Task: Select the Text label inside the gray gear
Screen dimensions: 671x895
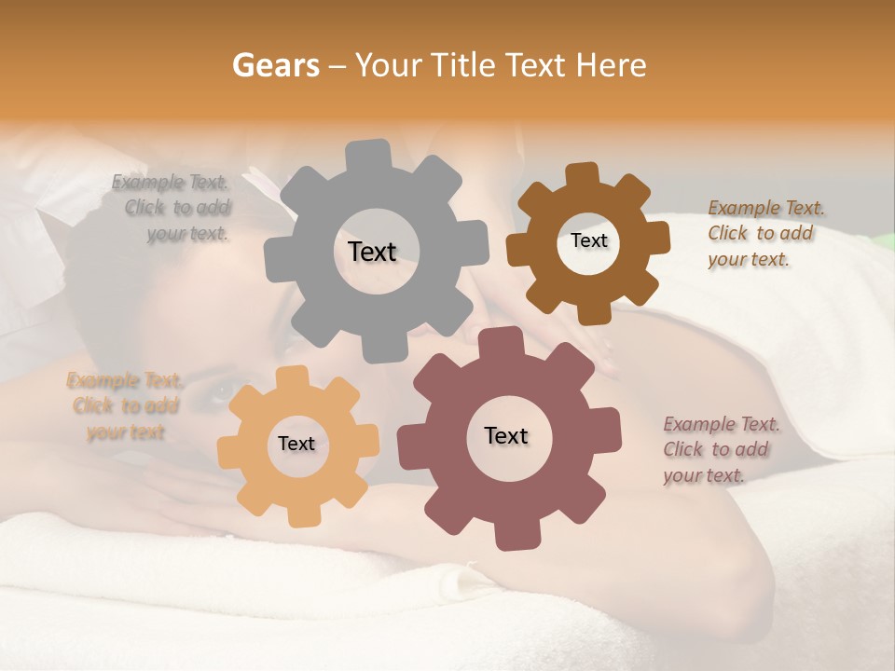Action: click(372, 252)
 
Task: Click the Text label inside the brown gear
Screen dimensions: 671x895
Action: click(588, 240)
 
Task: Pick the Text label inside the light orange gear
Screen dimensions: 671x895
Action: click(296, 445)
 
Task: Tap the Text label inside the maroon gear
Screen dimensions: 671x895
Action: click(506, 436)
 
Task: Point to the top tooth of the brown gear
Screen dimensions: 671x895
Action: click(582, 174)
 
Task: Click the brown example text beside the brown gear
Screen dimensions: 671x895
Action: click(764, 234)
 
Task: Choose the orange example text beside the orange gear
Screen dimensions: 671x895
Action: click(124, 406)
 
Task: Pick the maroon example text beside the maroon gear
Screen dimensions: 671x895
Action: click(720, 450)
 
